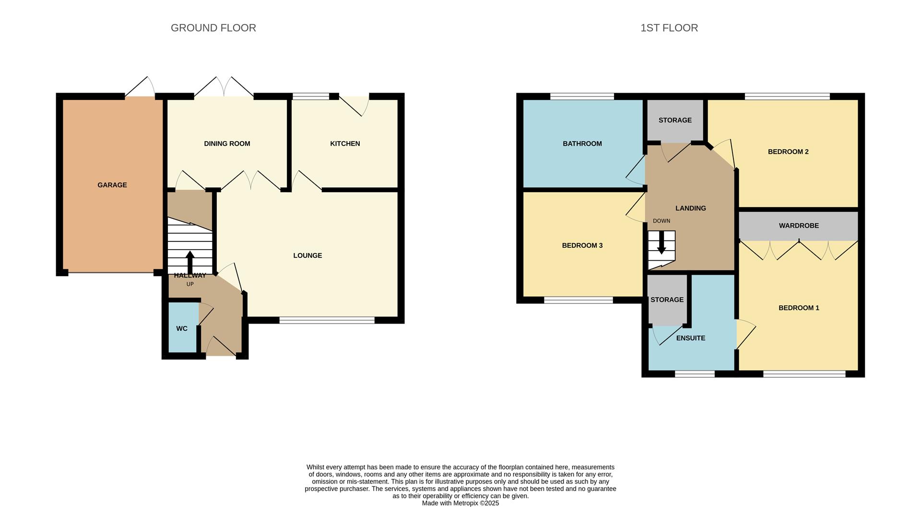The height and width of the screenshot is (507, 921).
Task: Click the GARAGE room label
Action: pos(112,185)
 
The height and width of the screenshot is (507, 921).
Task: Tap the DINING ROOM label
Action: pos(227,144)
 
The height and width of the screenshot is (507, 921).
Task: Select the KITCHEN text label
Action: pos(345,144)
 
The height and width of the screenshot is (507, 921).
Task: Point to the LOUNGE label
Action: pos(307,255)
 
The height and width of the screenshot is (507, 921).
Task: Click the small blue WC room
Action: pos(182,328)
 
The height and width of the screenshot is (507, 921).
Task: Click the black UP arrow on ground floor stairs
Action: pos(190,262)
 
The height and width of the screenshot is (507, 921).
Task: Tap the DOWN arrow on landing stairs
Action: pos(661,243)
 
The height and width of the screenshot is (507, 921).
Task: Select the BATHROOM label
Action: pos(582,144)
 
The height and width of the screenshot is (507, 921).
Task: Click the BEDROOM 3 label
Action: pos(582,245)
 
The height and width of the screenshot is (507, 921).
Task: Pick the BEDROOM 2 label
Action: pos(788,152)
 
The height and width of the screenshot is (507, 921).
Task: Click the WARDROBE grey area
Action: pos(799,226)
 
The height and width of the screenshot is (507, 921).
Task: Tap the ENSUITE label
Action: pos(691,338)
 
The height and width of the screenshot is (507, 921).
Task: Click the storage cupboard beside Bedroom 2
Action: pos(675,120)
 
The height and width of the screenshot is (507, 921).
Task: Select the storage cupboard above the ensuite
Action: pos(667,300)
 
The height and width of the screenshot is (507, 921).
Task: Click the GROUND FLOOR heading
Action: pos(213,28)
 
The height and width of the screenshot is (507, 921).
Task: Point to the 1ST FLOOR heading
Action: pos(669,28)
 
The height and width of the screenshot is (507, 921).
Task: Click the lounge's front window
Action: pos(327,320)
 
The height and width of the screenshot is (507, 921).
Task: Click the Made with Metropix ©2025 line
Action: pos(460,503)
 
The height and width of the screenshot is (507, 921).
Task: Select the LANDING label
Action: pos(691,208)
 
